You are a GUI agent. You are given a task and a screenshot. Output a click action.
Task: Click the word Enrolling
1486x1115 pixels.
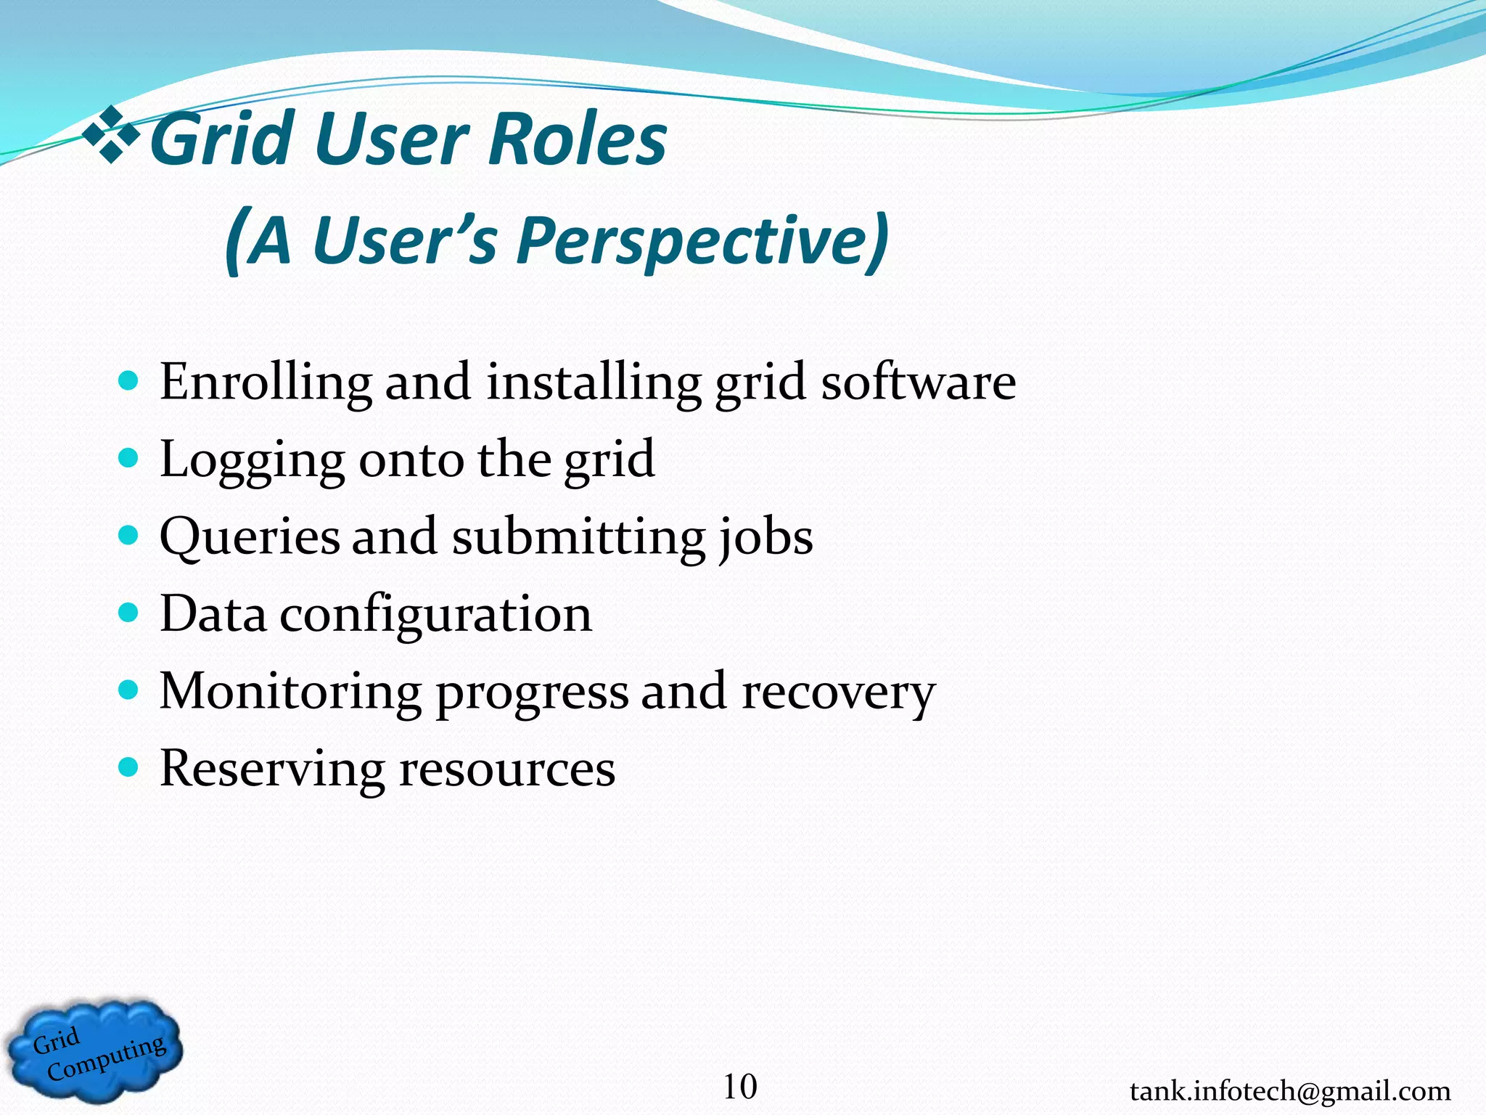[266, 383]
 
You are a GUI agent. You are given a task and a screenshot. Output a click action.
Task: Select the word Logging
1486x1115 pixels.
[252, 460]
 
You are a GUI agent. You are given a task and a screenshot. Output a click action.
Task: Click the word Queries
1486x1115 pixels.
[250, 538]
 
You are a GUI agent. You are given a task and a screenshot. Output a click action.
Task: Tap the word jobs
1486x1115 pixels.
[766, 538]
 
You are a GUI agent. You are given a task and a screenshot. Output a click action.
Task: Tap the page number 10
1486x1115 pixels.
[739, 1087]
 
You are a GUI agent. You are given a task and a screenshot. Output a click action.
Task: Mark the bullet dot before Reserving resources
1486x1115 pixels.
[128, 767]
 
